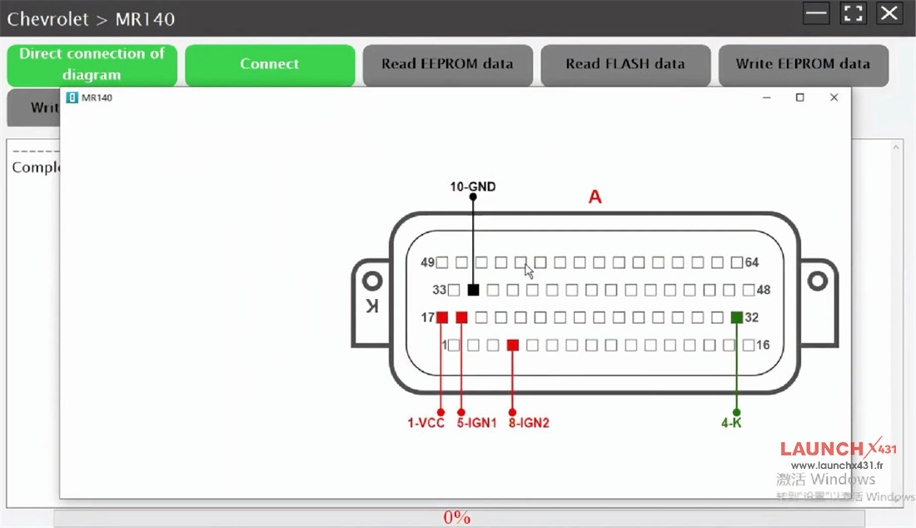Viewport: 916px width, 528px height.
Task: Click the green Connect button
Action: pos(269,65)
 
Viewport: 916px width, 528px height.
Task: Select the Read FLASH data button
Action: pos(625,65)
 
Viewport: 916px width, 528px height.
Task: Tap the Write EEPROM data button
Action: pos(803,65)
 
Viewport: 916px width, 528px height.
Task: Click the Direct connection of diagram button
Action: pos(92,65)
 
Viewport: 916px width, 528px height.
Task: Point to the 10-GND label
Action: pos(473,187)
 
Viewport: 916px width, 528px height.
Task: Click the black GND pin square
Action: pos(473,290)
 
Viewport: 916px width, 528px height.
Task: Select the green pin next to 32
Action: pos(736,317)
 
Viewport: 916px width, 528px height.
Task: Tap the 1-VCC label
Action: pos(426,423)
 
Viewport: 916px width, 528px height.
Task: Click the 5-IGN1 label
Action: pos(476,423)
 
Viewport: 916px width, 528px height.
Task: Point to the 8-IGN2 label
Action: pos(529,423)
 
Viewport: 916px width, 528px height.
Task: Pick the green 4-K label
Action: pos(731,423)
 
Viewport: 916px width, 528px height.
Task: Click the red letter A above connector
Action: pos(595,197)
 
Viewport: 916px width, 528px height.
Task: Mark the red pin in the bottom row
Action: pos(513,345)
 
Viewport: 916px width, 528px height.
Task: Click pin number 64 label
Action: pos(752,263)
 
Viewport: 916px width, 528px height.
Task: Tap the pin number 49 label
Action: pos(428,263)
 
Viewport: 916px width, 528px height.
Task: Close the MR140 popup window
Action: pos(834,97)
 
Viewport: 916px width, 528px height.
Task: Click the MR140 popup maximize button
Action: pos(799,97)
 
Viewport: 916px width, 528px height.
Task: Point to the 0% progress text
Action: pos(457,518)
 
